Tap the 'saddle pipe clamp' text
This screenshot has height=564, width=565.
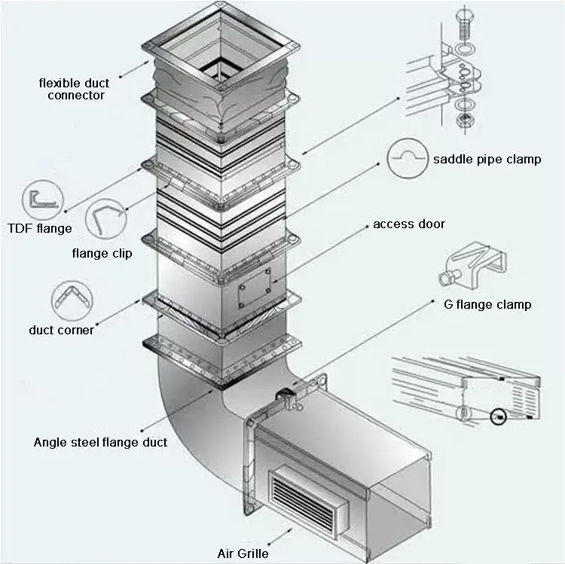pyautogui.click(x=487, y=159)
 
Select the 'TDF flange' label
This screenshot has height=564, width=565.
pyautogui.click(x=39, y=228)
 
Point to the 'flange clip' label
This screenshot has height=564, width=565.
pyautogui.click(x=102, y=253)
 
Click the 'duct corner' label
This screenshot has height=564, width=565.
pyautogui.click(x=61, y=329)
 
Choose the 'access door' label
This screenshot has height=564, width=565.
pyautogui.click(x=409, y=224)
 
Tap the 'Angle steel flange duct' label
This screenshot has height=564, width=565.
pyautogui.click(x=100, y=442)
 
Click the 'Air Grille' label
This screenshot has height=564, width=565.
pyautogui.click(x=242, y=553)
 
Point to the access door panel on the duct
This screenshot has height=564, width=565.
pyautogui.click(x=254, y=287)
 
